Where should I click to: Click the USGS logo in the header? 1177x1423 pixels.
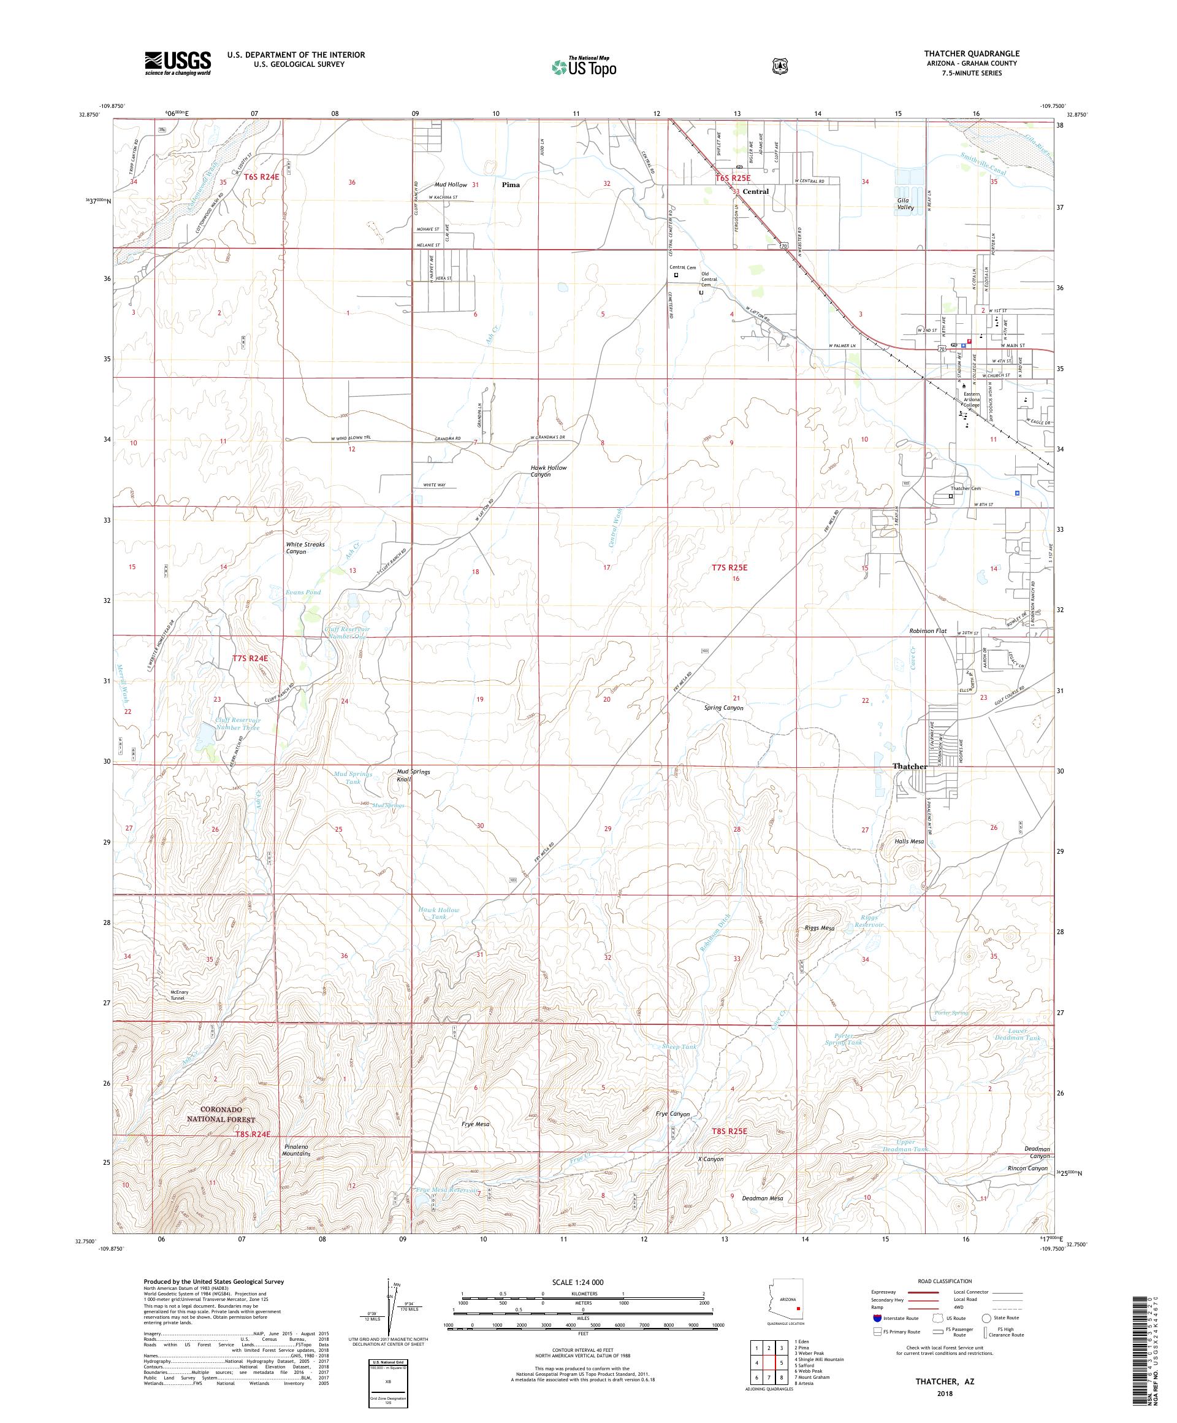tap(177, 63)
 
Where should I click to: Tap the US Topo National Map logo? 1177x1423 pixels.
tap(583, 66)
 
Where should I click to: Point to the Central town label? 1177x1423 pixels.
tap(755, 192)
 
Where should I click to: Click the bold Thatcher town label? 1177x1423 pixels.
tap(910, 766)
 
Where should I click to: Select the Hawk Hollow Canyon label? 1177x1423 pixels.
tap(549, 471)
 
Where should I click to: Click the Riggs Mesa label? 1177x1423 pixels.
tap(820, 929)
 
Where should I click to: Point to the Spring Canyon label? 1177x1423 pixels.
tap(724, 708)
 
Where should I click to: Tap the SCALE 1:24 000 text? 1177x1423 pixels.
tap(582, 1282)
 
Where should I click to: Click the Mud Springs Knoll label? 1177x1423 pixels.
tap(413, 775)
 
